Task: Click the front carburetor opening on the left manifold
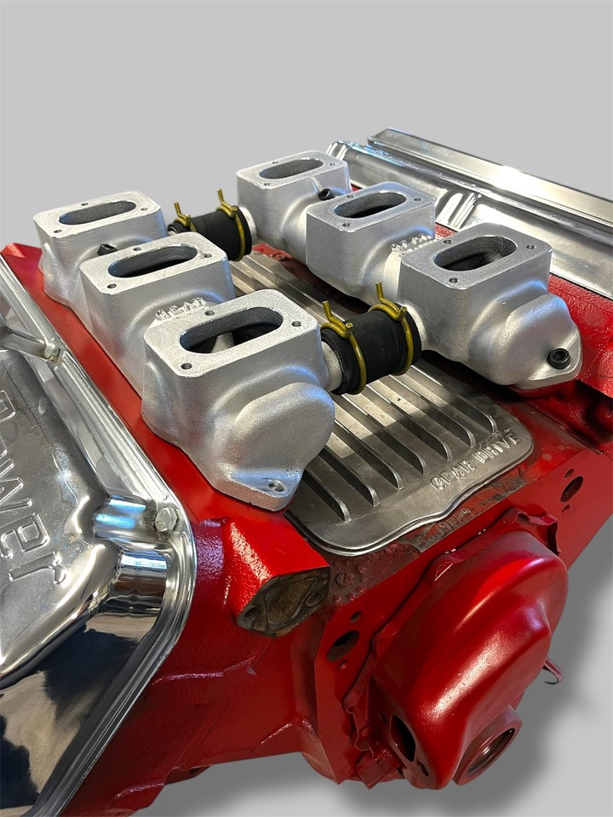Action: (x=232, y=329)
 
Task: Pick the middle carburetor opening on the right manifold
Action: (x=370, y=204)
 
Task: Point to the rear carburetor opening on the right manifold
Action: (x=291, y=169)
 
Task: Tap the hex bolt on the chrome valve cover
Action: (x=165, y=519)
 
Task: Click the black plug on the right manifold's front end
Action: (x=559, y=358)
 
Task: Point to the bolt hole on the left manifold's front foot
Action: (x=274, y=486)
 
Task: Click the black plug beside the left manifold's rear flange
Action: (x=106, y=249)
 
